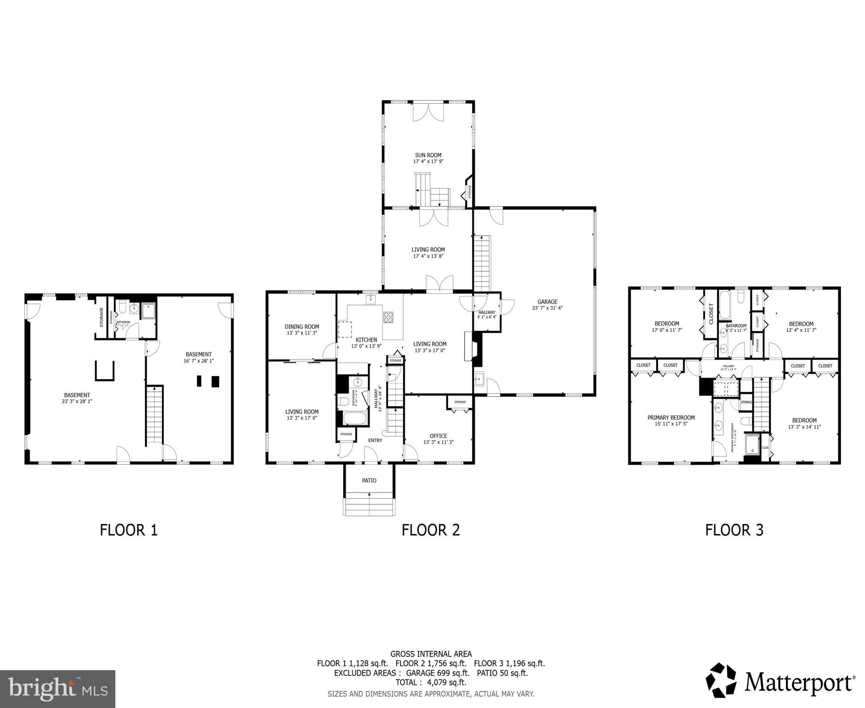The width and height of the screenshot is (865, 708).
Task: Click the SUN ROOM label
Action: [x=428, y=155]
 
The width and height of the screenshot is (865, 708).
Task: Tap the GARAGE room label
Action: [x=547, y=302]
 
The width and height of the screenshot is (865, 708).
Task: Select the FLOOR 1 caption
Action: [x=129, y=530]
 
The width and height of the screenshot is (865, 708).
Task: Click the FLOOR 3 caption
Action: [x=734, y=530]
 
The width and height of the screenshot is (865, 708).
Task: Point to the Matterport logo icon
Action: [x=722, y=680]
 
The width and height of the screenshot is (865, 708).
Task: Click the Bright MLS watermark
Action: [x=58, y=689]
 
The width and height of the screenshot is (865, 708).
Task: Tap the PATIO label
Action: [x=369, y=480]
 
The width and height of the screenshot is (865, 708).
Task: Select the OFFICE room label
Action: [x=438, y=436]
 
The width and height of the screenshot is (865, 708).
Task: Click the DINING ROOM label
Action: [x=302, y=327]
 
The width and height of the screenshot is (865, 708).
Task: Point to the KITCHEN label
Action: [x=366, y=340]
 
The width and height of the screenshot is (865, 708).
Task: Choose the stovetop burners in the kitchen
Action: [x=388, y=317]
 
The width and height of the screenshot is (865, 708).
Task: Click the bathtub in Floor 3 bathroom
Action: [x=724, y=306]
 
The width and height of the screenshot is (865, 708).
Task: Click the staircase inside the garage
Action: [x=483, y=263]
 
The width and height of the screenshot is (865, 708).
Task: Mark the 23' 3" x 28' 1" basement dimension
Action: [x=77, y=401]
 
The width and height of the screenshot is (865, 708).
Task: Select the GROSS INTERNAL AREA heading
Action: [x=431, y=654]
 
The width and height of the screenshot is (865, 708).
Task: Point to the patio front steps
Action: [x=370, y=505]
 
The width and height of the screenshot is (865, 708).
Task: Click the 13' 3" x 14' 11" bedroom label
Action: [x=804, y=427]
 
